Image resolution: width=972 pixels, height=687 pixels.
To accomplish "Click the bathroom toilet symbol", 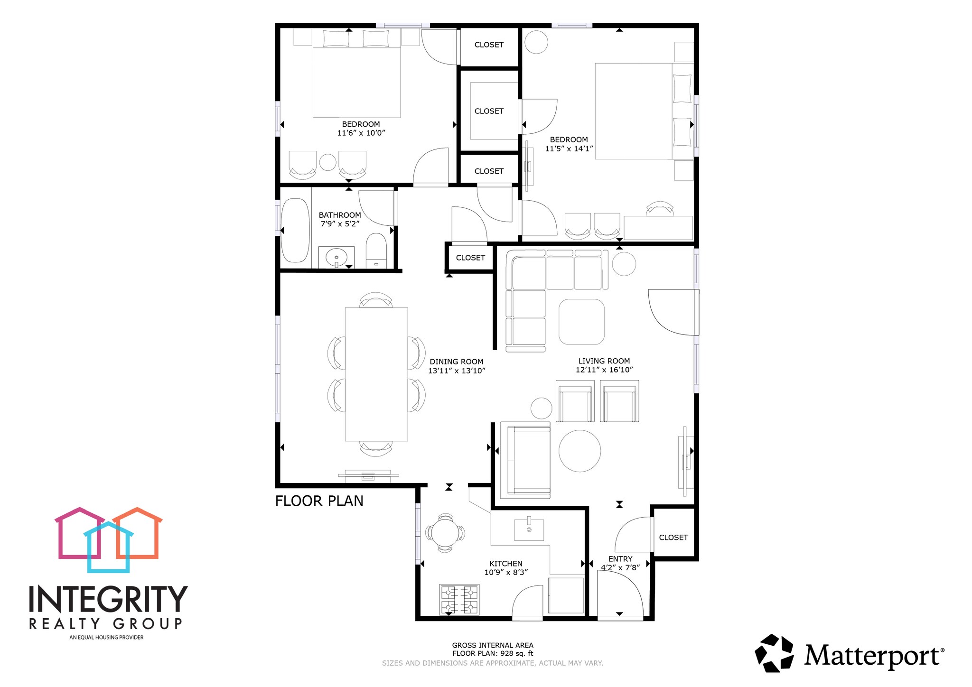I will coord(376,250).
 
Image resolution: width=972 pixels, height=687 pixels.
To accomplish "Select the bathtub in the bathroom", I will coord(295,230).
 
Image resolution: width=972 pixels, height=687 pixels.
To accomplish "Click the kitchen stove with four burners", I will coord(459,599).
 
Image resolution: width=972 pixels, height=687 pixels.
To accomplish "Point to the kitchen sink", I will coord(529,529).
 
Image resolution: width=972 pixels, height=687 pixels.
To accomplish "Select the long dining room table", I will coord(376,374).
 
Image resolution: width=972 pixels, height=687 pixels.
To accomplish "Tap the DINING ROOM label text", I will coord(456,362).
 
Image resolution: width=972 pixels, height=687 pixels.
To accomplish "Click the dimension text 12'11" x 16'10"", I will coord(604,370).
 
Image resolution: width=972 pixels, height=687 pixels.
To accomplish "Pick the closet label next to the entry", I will coord(673,537).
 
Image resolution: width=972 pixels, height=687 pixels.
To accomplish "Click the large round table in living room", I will coord(579,451).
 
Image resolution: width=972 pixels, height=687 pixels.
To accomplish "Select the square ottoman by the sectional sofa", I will coord(581,322).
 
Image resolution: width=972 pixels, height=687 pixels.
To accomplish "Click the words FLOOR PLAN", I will coord(319,501).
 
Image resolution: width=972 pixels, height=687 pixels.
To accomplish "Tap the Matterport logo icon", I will coord(774,653).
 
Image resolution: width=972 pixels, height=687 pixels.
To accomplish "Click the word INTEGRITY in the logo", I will coord(108,599).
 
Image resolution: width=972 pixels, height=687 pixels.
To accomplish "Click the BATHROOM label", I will coord(339,215).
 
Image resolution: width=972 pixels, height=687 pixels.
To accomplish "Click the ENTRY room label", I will coord(620,559).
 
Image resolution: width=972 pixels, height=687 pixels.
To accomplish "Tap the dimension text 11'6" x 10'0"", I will coord(361,133).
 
